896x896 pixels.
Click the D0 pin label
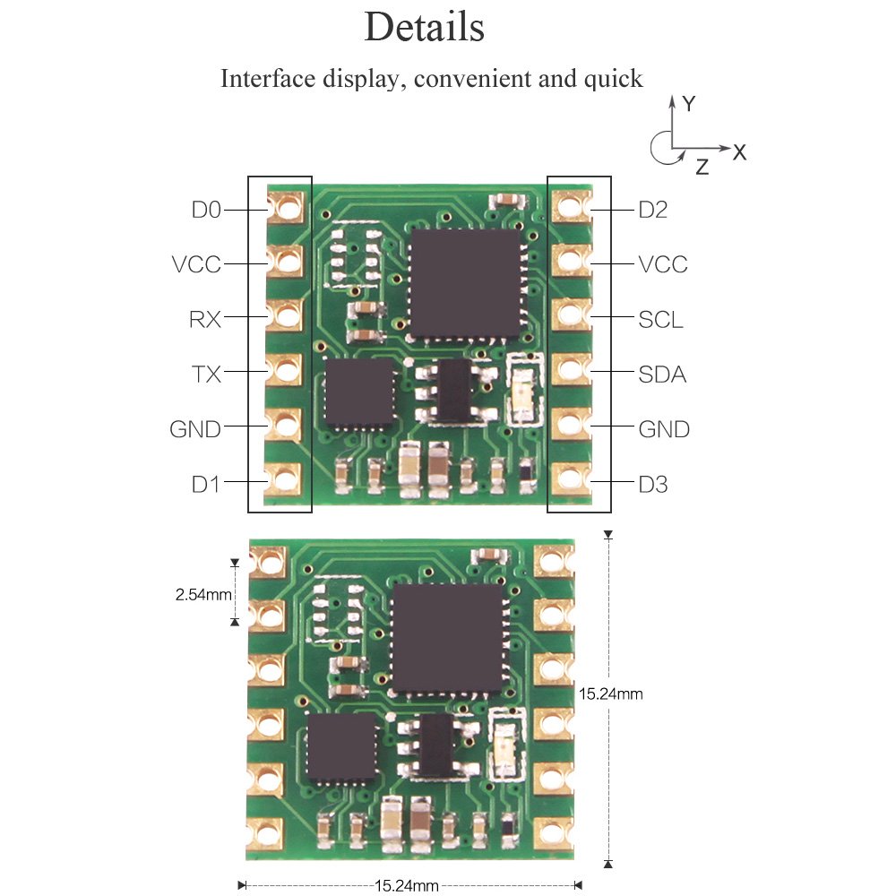(205, 210)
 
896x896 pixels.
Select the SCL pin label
(660, 319)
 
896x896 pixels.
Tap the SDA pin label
(662, 375)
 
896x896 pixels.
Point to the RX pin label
(205, 319)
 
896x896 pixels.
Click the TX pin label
(205, 375)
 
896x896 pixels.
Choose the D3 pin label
(653, 485)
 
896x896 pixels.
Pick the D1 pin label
(205, 485)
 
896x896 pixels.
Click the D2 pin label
(653, 210)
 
